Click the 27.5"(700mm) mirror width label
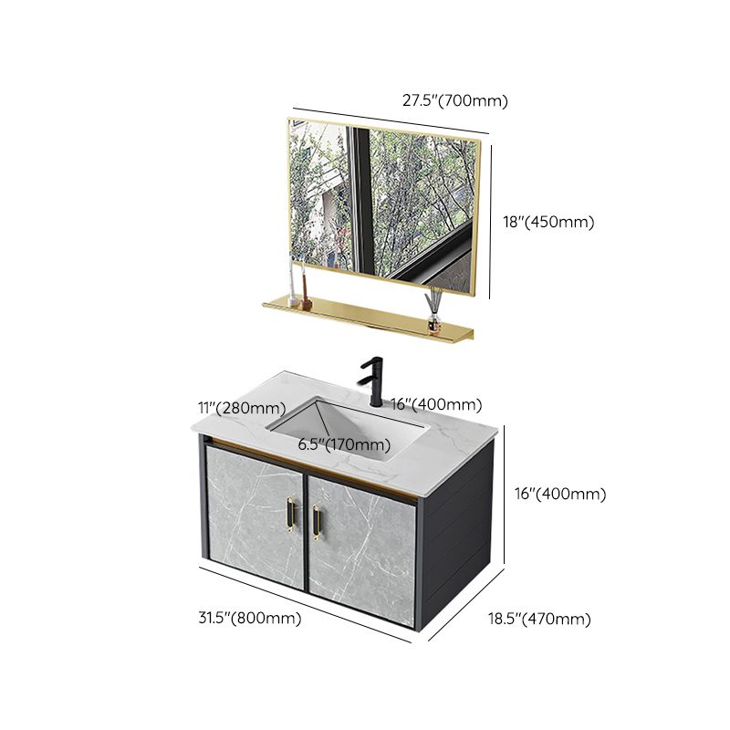454,101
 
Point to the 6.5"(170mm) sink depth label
343,444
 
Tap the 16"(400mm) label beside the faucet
436,404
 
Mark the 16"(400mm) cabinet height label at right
558,494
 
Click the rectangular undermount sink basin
351,427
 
